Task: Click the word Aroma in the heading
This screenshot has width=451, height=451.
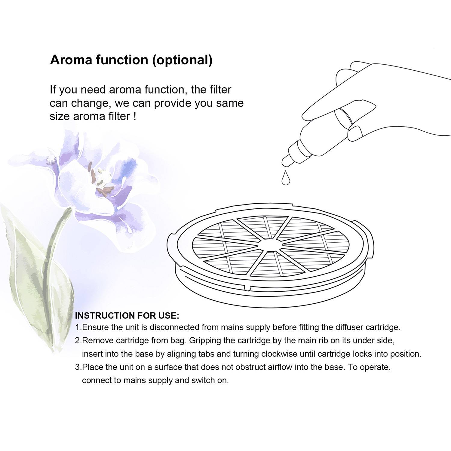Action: (x=71, y=60)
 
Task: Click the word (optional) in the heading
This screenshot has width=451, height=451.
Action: (x=182, y=60)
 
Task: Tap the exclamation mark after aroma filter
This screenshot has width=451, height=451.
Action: (x=135, y=116)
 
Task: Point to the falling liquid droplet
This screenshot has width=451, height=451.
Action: (x=286, y=178)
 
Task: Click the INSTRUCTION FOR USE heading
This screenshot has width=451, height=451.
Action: (x=127, y=316)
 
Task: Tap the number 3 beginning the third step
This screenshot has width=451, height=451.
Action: (x=77, y=367)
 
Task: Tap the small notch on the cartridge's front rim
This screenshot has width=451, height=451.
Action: (x=248, y=288)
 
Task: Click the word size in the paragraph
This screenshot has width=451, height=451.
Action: (x=60, y=116)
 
